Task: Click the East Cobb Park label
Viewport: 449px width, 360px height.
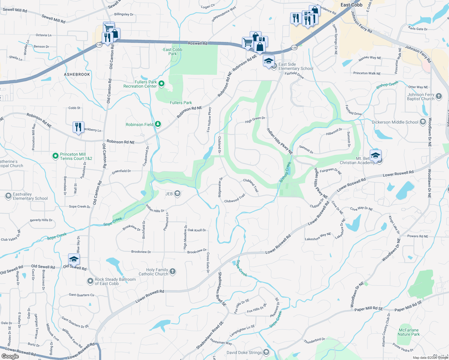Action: tap(173, 52)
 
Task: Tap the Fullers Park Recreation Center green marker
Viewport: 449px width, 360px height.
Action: tap(161, 84)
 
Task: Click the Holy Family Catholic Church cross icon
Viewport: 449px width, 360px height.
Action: tap(173, 271)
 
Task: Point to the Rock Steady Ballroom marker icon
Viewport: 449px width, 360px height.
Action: tap(90, 281)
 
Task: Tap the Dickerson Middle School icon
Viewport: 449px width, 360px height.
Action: tap(423, 122)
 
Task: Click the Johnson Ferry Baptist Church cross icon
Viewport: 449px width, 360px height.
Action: tap(438, 96)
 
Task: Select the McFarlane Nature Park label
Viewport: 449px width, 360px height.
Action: tap(408, 332)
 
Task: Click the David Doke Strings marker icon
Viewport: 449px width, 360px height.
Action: tap(266, 352)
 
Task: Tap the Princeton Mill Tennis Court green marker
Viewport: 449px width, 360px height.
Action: tap(55, 156)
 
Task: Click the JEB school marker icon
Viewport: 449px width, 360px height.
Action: tap(177, 193)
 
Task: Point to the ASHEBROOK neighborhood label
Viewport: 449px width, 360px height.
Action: tap(77, 74)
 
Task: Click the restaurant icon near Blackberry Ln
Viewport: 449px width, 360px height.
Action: tap(78, 127)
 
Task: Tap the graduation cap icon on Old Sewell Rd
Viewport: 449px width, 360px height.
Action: tap(74, 259)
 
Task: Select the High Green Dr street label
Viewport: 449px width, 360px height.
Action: tap(255, 120)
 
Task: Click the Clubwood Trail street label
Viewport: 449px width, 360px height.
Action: tap(235, 199)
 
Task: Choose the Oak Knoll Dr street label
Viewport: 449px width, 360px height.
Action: tap(197, 230)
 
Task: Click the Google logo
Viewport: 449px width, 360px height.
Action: tap(10, 356)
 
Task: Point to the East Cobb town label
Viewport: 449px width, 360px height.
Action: tap(351, 5)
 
